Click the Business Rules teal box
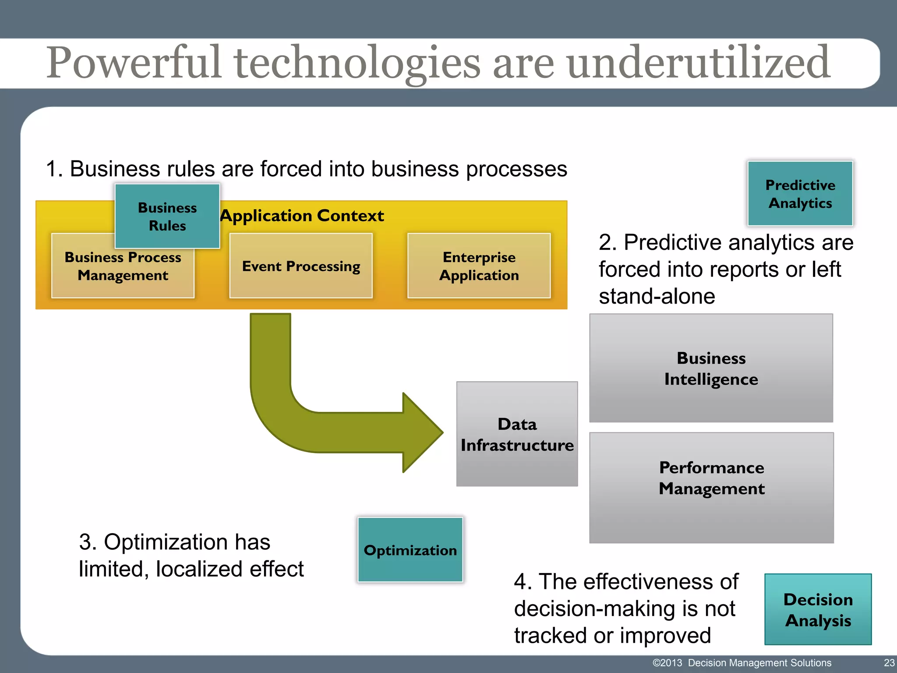tap(167, 216)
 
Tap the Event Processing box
tap(301, 266)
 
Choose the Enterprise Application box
tap(479, 266)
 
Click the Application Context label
tap(302, 216)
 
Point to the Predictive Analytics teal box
tap(800, 194)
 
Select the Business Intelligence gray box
tap(711, 368)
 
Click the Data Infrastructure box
tap(517, 434)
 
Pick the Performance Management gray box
tap(711, 488)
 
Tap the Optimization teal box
tap(410, 550)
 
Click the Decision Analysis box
tap(818, 609)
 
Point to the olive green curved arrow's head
tap(423, 432)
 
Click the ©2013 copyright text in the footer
tap(667, 663)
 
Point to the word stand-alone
tap(657, 296)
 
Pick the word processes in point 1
tap(516, 169)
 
